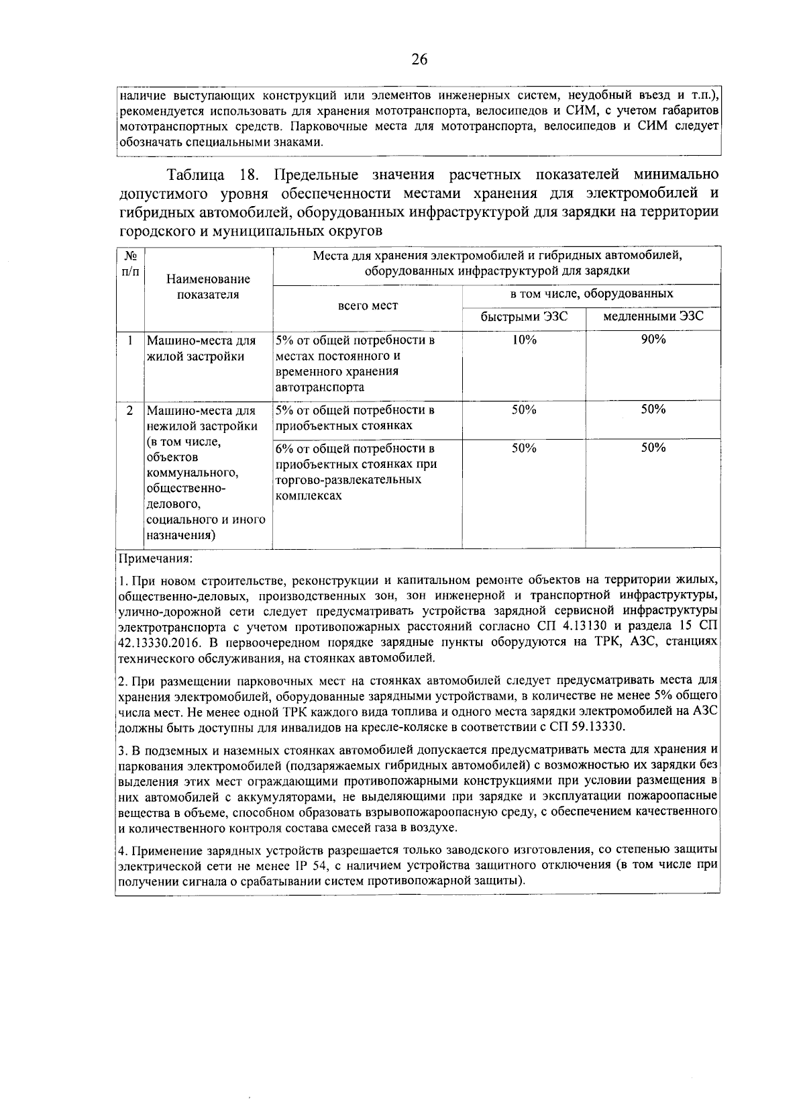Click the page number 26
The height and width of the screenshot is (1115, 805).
(419, 59)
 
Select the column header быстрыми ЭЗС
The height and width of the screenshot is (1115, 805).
(524, 316)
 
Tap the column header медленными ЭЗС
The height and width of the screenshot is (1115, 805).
(653, 316)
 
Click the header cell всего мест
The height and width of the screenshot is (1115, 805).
(367, 305)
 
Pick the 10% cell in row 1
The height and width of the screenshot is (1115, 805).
(524, 340)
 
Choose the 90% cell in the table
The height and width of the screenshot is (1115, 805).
(653, 340)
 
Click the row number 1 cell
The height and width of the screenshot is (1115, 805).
(130, 340)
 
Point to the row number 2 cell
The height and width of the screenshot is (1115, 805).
(130, 410)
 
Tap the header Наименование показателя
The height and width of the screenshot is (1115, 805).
(208, 287)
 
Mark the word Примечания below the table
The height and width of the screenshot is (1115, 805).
(155, 559)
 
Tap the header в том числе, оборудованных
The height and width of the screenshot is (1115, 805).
(592, 294)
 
